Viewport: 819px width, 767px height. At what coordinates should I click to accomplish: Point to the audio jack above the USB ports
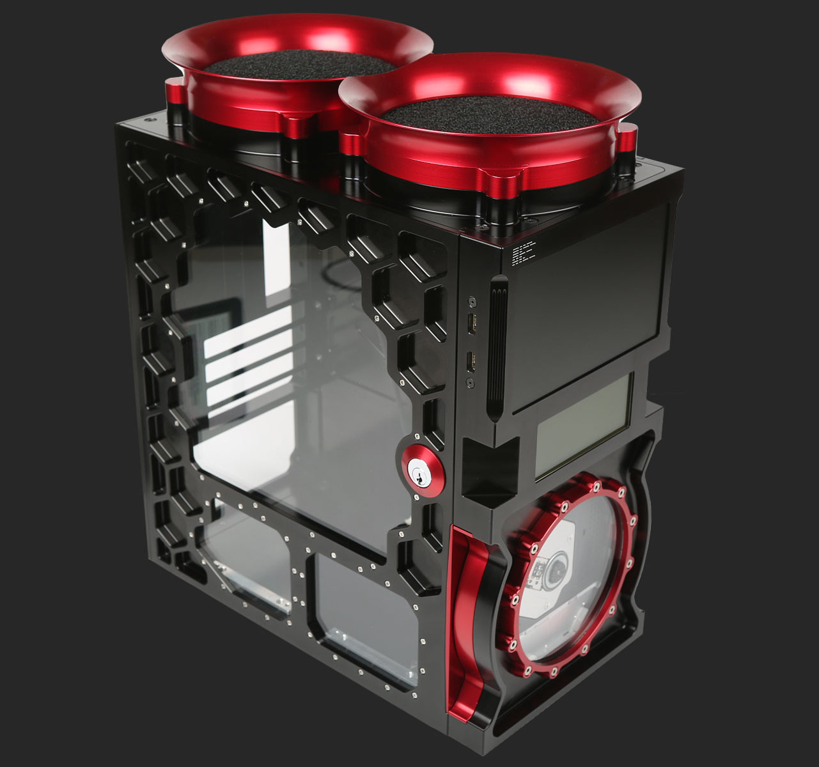click(x=472, y=300)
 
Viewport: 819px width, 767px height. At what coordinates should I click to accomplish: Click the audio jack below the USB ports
click(x=472, y=382)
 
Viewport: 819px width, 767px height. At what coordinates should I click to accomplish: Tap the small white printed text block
click(x=524, y=254)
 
